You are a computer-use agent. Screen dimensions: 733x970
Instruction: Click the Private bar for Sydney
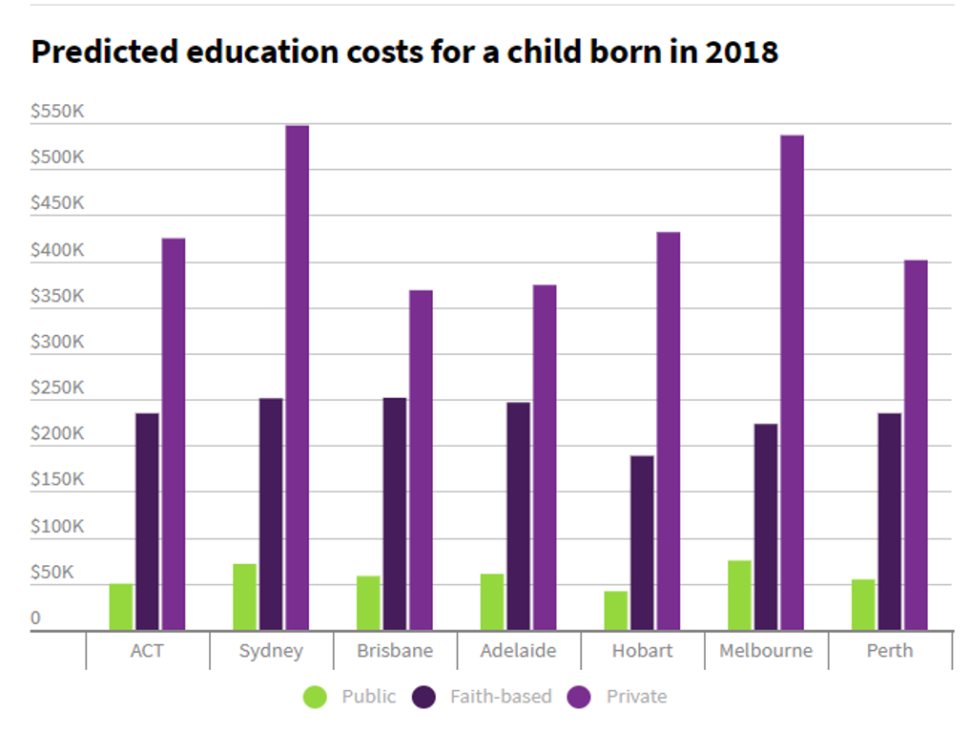click(298, 377)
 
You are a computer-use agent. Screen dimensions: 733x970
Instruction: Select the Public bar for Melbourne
click(739, 595)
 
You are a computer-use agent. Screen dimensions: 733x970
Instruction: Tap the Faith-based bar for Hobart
click(642, 542)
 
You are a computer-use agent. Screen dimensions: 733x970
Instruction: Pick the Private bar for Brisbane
click(421, 460)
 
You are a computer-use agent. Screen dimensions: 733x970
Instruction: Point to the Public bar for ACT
click(121, 606)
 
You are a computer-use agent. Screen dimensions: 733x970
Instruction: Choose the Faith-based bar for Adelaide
click(518, 515)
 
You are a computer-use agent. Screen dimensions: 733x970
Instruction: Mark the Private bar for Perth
click(916, 445)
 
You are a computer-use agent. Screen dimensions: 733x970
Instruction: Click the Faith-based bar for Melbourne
click(765, 526)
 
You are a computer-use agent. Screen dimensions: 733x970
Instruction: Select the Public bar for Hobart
click(615, 610)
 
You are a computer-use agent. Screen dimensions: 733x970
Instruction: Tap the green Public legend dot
click(315, 697)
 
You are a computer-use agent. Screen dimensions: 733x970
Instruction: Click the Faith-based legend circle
click(424, 697)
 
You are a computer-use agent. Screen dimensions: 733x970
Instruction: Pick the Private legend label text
click(636, 697)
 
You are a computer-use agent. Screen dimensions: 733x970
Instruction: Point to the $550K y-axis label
click(57, 112)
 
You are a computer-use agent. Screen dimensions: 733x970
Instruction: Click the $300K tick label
click(57, 342)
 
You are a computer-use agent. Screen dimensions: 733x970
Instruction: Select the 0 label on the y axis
click(36, 618)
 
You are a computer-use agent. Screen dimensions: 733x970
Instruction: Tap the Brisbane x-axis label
click(395, 651)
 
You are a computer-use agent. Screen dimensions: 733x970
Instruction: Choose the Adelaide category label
click(519, 651)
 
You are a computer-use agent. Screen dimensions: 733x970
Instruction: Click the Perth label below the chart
click(889, 651)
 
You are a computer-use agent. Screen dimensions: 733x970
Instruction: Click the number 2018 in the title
click(741, 52)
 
